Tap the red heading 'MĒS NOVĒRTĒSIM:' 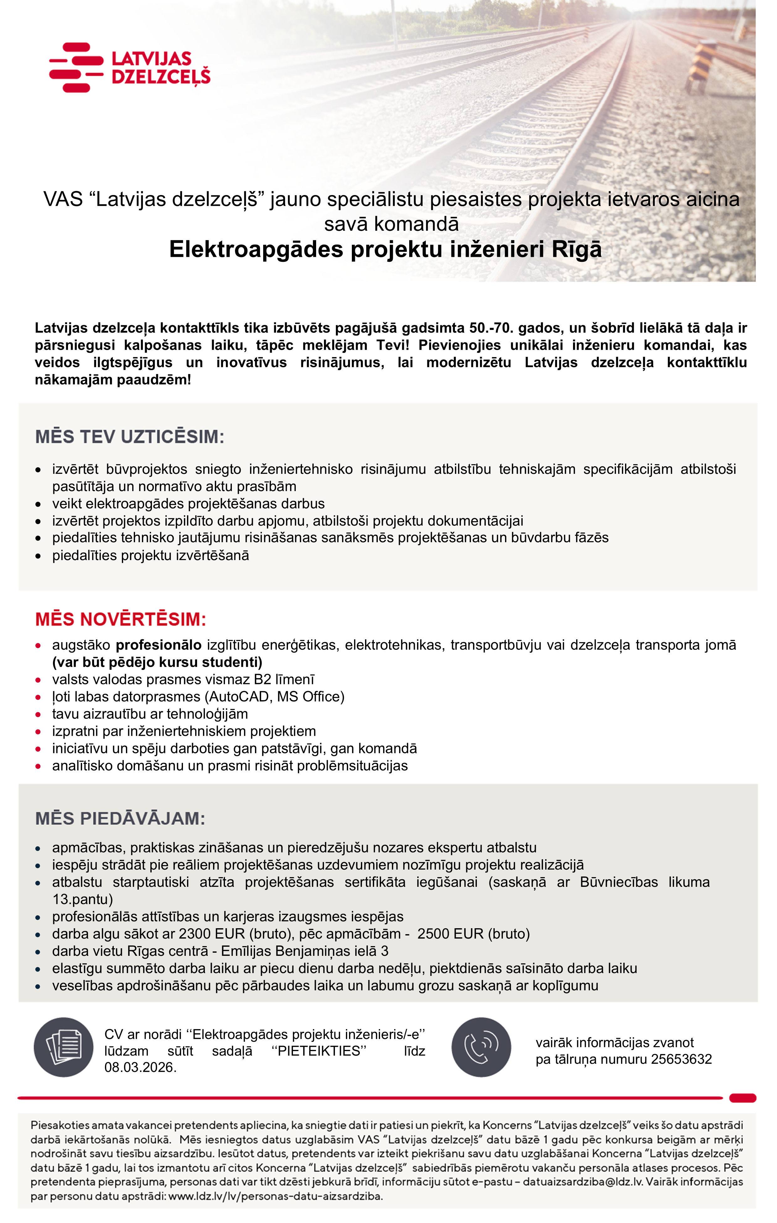coord(121,619)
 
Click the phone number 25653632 coord(681,1059)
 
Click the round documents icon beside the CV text coord(63,1047)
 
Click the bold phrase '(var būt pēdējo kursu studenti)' coord(157,662)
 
